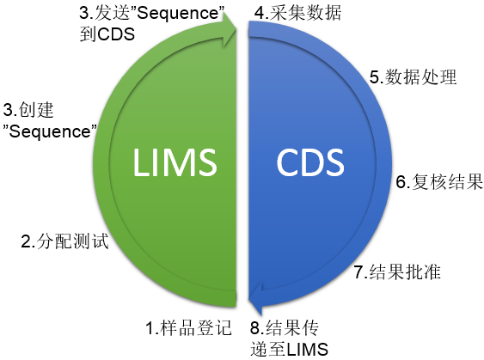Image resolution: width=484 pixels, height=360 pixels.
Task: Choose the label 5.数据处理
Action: (413, 76)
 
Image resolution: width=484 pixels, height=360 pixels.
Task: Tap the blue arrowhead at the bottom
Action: (256, 300)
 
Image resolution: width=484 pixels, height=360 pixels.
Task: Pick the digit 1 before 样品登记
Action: (148, 327)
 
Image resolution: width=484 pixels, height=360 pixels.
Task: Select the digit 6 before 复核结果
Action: (400, 182)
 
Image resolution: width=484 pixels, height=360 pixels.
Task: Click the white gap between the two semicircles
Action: (242, 172)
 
